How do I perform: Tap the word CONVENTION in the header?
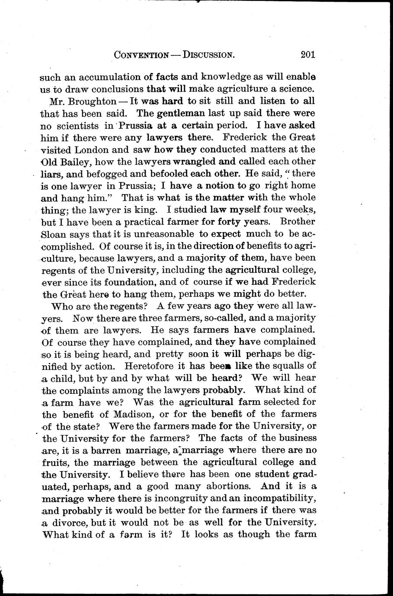(x=141, y=55)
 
